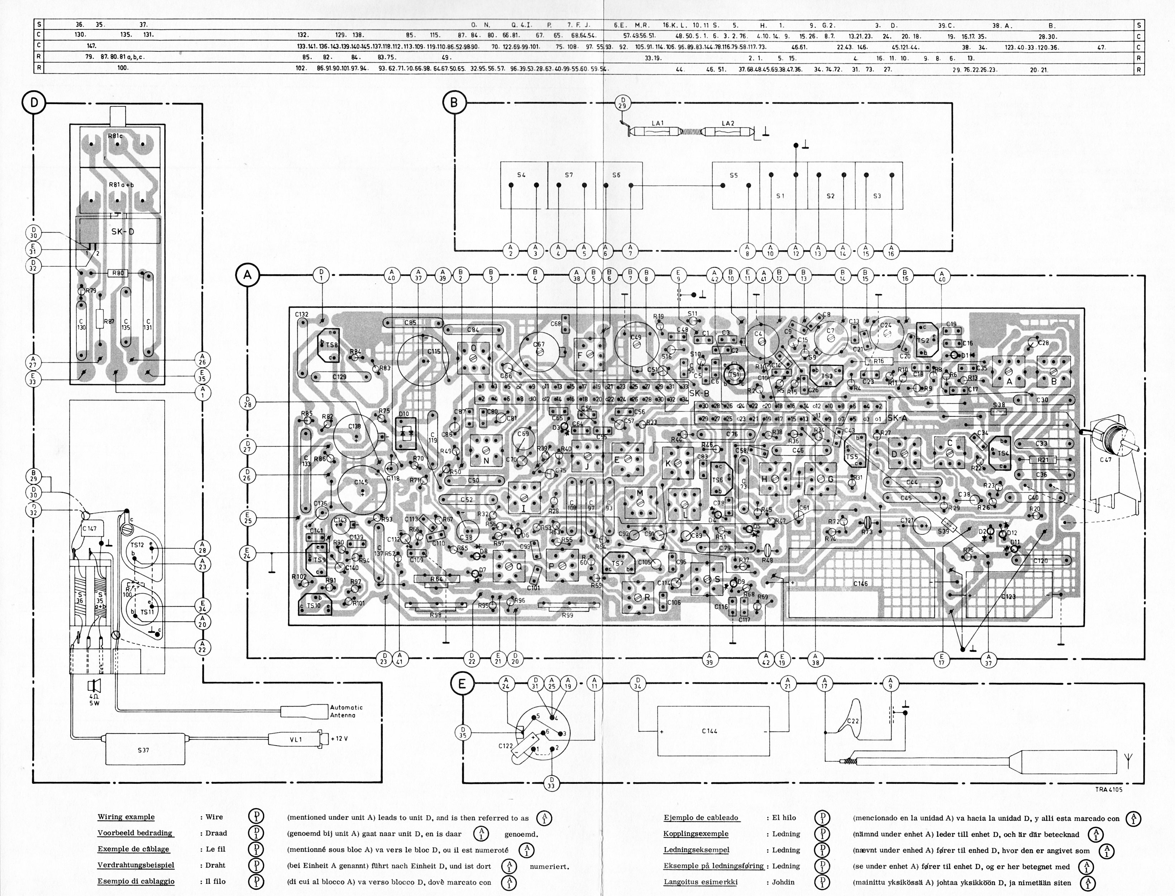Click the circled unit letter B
click(454, 103)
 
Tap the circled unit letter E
click(462, 684)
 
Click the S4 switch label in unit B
click(521, 175)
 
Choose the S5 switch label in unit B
click(734, 175)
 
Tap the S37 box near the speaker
click(143, 750)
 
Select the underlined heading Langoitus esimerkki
click(700, 882)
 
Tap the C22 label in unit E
click(853, 721)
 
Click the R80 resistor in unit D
click(118, 273)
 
